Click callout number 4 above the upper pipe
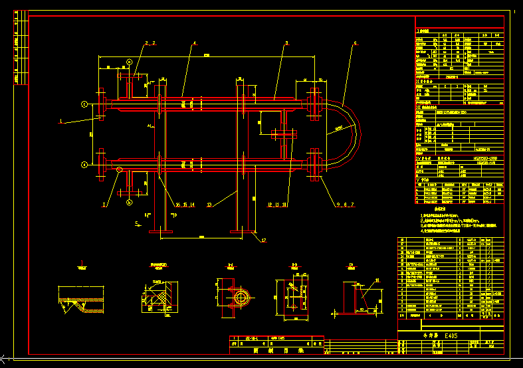point(195,44)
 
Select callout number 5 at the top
point(286,44)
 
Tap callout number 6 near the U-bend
point(355,44)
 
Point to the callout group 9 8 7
point(345,205)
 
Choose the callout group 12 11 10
point(278,205)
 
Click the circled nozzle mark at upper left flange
point(84,104)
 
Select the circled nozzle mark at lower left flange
point(84,164)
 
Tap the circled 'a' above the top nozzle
point(129,62)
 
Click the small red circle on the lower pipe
point(119,170)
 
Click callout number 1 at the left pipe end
point(61,122)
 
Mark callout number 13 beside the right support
point(210,205)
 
